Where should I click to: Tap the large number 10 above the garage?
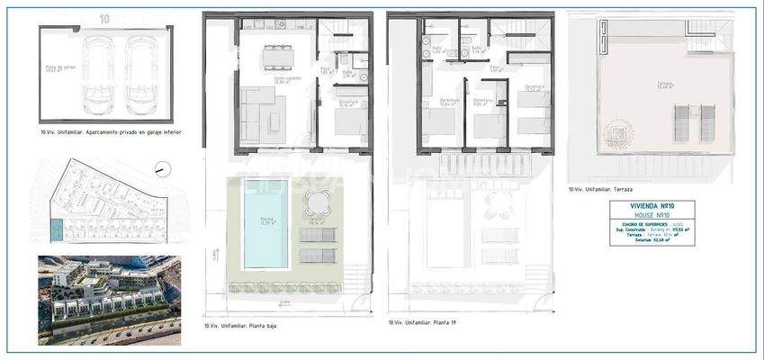click(105, 17)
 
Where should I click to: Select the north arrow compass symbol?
click(160, 166)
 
